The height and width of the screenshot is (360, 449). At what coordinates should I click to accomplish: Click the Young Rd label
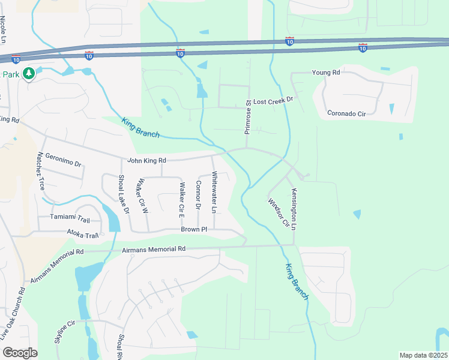click(x=326, y=73)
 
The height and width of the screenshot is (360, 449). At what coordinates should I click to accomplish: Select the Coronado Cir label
click(x=346, y=113)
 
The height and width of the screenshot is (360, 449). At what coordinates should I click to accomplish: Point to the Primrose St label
click(x=247, y=117)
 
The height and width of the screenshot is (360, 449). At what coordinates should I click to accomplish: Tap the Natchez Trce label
click(x=41, y=172)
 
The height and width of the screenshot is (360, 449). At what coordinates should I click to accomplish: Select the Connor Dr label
click(x=197, y=194)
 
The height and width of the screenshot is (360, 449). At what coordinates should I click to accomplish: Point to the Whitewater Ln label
click(x=213, y=192)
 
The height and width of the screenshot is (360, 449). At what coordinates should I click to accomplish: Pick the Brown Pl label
click(x=193, y=230)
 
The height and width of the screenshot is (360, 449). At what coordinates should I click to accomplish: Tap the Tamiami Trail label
click(x=70, y=217)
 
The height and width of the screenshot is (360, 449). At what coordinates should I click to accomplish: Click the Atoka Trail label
click(x=82, y=235)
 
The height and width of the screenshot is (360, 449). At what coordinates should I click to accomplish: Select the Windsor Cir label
click(x=279, y=213)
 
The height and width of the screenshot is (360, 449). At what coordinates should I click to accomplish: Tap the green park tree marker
click(x=28, y=74)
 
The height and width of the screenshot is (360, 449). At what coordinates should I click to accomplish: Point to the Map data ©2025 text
click(x=423, y=355)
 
